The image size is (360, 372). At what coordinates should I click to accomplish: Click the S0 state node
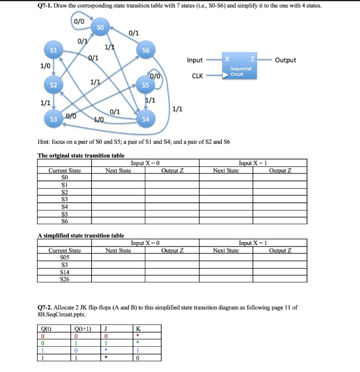tap(100, 26)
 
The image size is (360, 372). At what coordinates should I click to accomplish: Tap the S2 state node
tap(53, 85)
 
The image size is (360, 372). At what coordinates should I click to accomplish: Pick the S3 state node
tap(54, 119)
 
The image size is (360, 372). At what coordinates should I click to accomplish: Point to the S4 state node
tap(146, 119)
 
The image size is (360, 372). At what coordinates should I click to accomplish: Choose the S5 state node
tap(146, 86)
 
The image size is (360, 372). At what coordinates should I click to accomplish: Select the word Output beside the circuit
tap(286, 60)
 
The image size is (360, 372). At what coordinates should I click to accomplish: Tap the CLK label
tap(197, 75)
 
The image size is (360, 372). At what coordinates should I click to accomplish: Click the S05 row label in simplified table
tap(65, 257)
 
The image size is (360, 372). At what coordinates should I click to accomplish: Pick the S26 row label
tap(65, 278)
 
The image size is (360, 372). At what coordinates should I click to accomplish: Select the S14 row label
tap(65, 271)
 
